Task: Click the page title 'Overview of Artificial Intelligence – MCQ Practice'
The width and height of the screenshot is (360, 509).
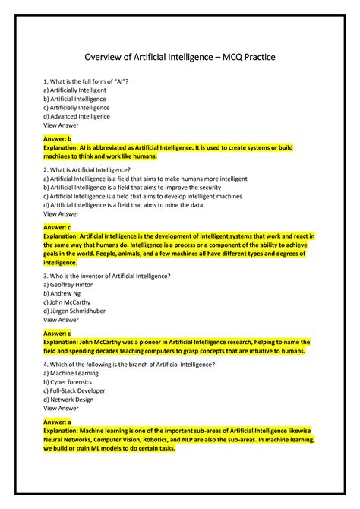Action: (x=180, y=57)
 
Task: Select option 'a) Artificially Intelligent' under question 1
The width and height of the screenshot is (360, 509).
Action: (x=75, y=90)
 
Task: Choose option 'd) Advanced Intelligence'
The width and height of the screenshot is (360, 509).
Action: (x=77, y=116)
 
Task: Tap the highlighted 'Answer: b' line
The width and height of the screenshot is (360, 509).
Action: (x=58, y=139)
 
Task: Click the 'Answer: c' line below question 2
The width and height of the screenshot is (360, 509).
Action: (x=58, y=227)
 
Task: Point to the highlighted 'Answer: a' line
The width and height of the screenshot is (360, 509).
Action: (x=58, y=422)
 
